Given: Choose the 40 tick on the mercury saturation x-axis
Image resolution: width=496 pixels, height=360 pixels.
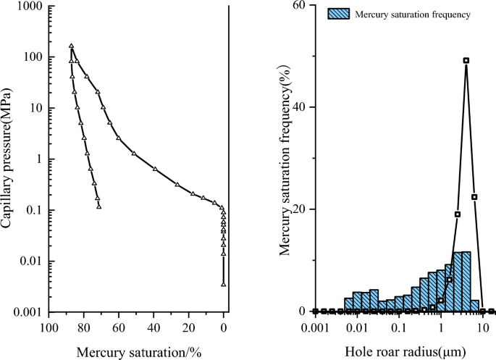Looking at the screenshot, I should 154,327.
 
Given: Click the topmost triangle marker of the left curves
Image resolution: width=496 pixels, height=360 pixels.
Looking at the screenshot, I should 71,46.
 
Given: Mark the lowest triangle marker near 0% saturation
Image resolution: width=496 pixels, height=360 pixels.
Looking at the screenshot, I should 224,284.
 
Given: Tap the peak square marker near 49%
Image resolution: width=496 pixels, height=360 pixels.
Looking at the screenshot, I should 466,61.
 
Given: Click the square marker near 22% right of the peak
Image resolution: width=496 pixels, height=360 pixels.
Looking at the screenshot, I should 474,197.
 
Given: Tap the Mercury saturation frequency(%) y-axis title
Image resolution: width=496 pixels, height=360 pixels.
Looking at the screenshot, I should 285,159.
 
